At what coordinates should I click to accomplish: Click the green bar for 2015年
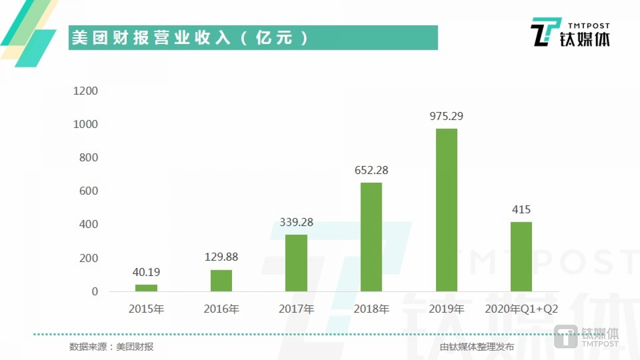[146, 288]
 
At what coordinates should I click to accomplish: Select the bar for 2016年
[221, 280]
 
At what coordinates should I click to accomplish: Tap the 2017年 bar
[296, 263]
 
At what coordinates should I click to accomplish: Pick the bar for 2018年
[371, 237]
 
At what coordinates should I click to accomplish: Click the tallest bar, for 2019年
[446, 210]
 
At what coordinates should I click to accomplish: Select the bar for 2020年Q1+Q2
[521, 256]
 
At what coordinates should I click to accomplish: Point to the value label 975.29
[446, 116]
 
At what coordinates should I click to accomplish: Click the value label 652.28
[371, 170]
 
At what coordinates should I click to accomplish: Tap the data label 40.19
[146, 272]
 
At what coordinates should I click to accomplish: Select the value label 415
[521, 209]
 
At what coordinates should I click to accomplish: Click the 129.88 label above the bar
[221, 257]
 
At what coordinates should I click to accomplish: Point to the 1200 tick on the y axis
[86, 91]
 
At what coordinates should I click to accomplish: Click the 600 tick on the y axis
[88, 191]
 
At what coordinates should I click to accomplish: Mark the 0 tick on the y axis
[95, 292]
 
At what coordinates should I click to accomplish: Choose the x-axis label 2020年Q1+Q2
[521, 309]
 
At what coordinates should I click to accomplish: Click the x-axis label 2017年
[296, 309]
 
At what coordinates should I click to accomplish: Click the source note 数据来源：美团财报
[112, 347]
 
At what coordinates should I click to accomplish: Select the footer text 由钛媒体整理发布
[476, 347]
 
